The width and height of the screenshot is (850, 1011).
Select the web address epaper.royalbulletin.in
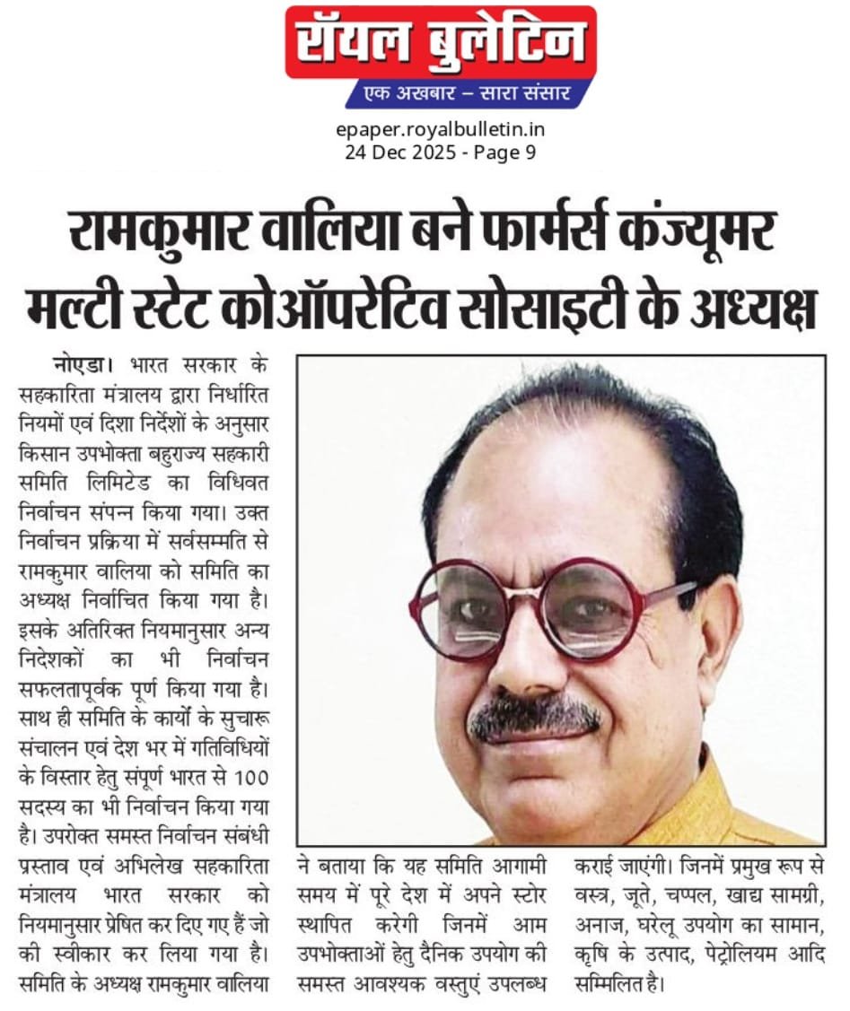click(x=440, y=130)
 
